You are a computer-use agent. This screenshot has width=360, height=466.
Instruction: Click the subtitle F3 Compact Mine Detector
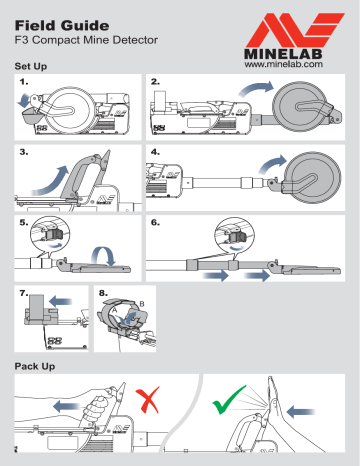coord(91,43)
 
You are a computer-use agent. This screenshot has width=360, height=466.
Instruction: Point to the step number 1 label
coord(24,80)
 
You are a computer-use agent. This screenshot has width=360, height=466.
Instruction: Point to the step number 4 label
coord(154,153)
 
